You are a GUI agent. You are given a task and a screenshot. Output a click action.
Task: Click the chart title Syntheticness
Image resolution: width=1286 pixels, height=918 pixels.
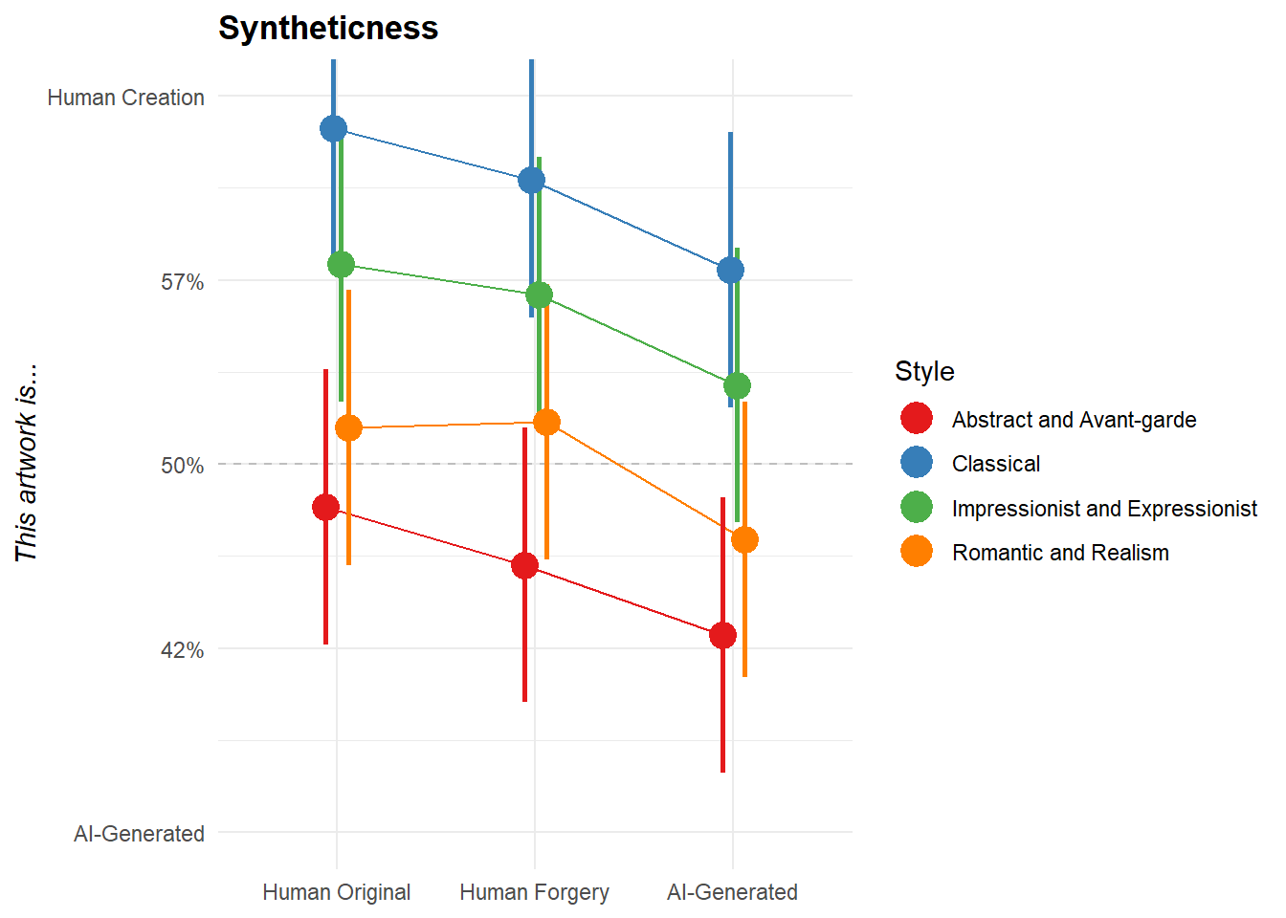pos(328,28)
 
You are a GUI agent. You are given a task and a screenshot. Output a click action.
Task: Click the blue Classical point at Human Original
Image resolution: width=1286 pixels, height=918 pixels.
pos(333,128)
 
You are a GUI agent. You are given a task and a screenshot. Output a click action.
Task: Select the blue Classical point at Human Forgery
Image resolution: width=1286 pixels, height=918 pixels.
pos(531,180)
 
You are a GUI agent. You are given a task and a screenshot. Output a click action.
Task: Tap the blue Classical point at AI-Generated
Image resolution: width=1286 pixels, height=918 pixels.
pos(730,270)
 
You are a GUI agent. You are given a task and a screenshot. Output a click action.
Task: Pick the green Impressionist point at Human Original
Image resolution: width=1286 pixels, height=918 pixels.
pos(341,264)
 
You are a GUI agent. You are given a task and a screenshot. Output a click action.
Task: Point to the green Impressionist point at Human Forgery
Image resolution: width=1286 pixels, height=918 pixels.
pos(539,295)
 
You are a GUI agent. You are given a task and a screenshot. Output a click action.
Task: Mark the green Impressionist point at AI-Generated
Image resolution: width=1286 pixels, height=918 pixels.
pos(737,385)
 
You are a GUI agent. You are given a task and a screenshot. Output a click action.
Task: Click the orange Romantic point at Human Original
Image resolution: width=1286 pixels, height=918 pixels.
pos(348,427)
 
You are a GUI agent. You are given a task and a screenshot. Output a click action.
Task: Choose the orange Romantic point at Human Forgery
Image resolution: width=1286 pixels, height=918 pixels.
pos(546,422)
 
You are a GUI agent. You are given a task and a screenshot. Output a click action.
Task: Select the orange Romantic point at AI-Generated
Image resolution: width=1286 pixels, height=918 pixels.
pos(744,539)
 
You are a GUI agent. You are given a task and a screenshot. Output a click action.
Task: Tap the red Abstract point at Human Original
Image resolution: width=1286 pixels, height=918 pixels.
pos(325,507)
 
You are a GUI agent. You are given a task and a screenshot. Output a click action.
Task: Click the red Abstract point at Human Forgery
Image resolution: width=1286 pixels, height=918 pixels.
pos(524,565)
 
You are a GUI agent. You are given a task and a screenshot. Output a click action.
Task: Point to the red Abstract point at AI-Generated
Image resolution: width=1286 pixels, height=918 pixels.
pos(722,635)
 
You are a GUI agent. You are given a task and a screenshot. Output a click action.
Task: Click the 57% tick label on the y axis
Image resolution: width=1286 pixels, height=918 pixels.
pos(182,282)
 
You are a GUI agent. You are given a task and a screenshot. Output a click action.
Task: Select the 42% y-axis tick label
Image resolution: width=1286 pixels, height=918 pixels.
pos(182,650)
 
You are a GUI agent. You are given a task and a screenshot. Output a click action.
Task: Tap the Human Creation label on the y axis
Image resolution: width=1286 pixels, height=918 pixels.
pos(125,98)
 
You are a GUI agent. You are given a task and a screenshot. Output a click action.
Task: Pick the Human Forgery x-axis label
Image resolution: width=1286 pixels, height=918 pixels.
pos(534,892)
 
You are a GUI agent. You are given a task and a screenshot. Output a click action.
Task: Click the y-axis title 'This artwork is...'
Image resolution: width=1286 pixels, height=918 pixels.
pos(26,463)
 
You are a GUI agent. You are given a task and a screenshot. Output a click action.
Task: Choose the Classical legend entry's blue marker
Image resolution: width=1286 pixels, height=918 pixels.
pos(917,463)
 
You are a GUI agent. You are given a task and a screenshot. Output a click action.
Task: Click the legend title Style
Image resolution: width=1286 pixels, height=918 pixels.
pos(924,371)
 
